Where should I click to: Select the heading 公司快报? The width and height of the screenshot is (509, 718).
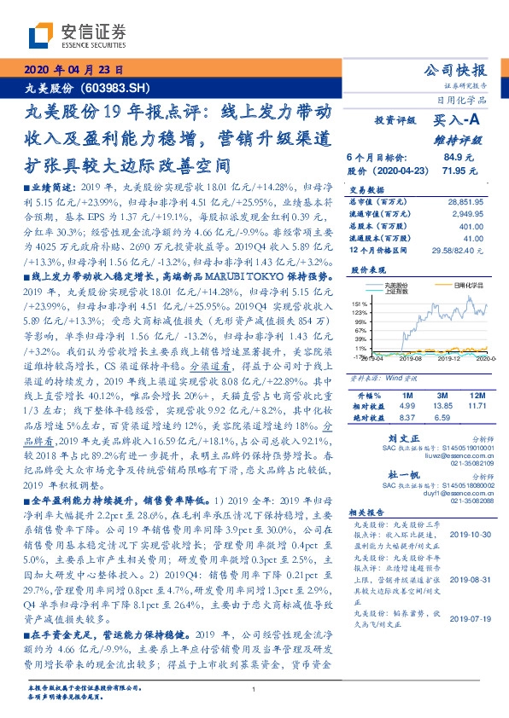pyautogui.click(x=455, y=70)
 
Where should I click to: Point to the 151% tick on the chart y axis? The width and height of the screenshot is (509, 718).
pyautogui.click(x=360, y=303)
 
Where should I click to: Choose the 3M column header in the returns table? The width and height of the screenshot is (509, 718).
pyautogui.click(x=442, y=397)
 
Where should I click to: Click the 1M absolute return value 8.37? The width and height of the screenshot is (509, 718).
pyautogui.click(x=406, y=418)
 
